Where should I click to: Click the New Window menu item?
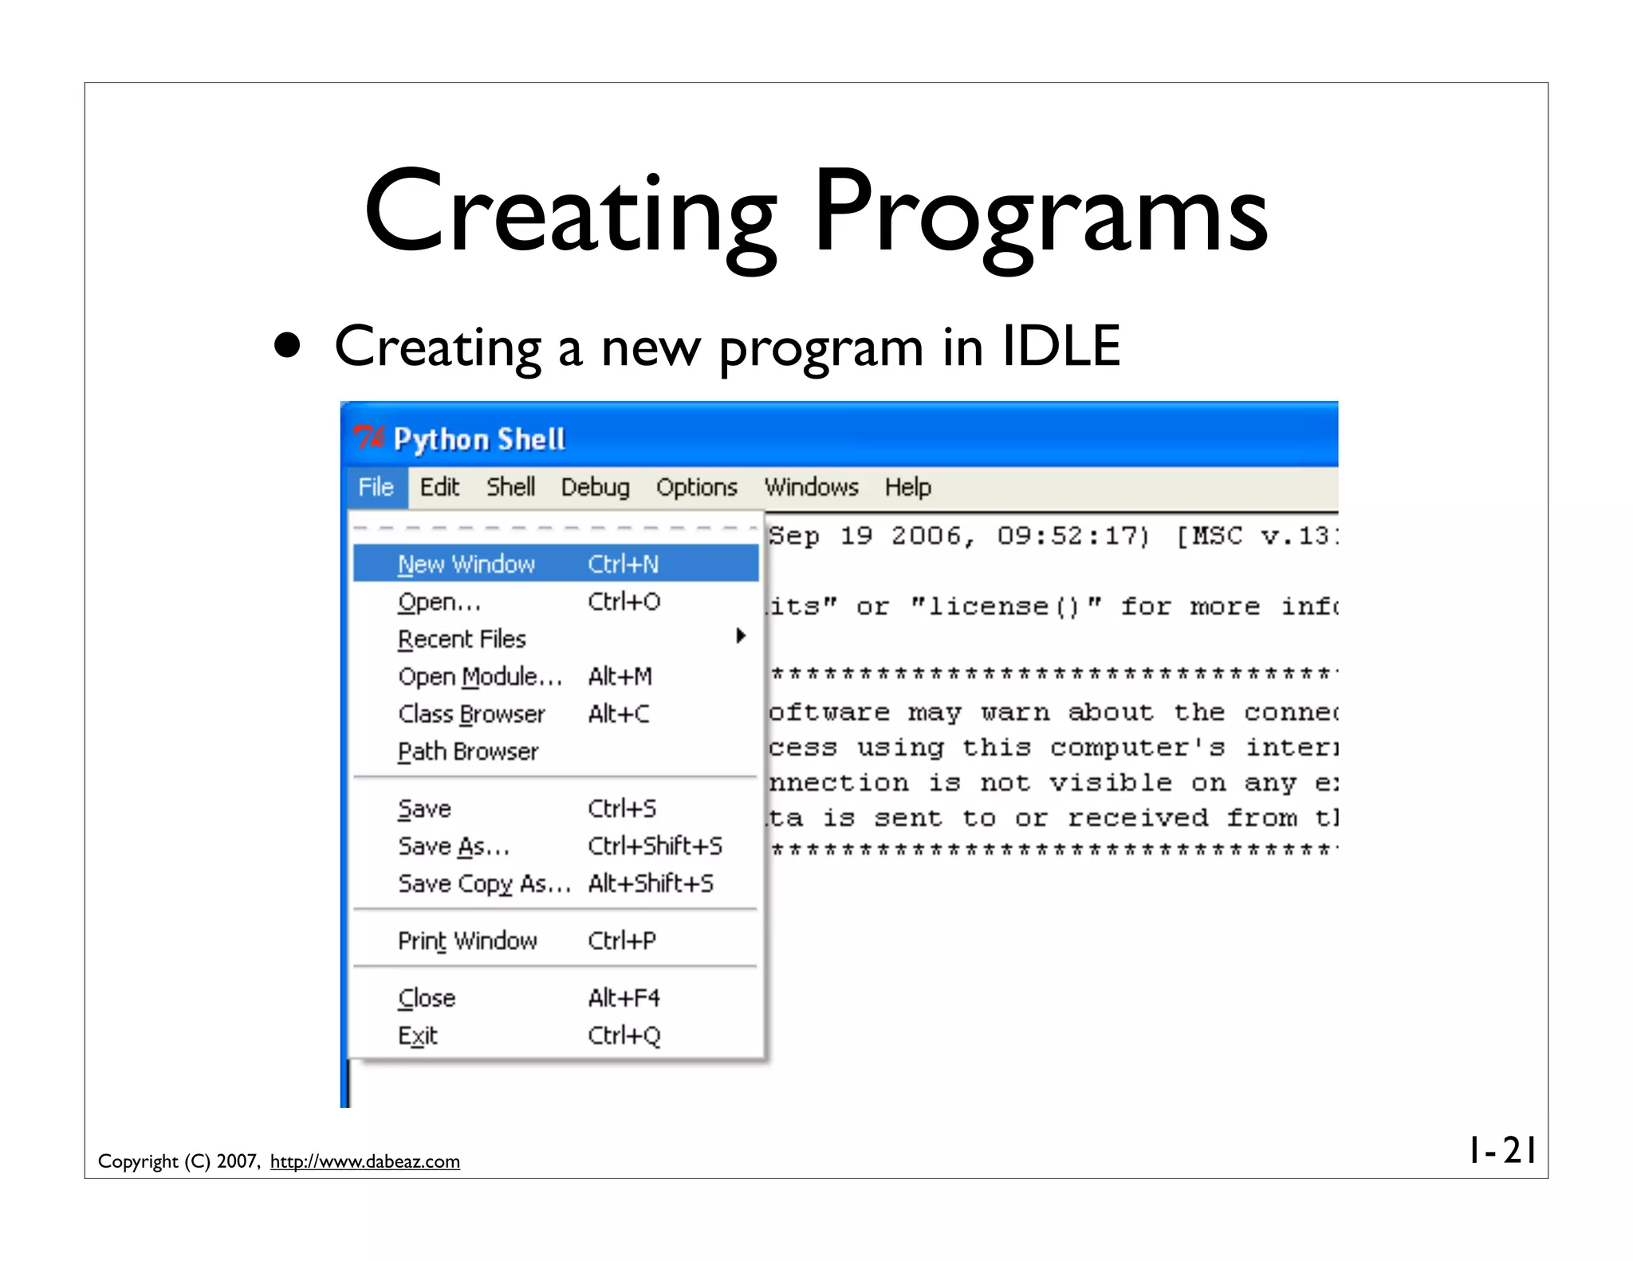[466, 564]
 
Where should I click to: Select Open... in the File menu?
[439, 602]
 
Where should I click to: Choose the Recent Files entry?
[462, 639]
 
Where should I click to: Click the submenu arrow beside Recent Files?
[741, 636]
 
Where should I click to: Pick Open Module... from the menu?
[479, 677]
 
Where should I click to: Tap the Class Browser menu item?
[471, 714]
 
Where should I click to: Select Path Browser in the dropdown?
[468, 752]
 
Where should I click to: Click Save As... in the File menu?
[453, 847]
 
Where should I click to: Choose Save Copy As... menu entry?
[484, 884]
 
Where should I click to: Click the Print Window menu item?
[467, 941]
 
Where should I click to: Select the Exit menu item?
[418, 1035]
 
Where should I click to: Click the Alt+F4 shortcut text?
[624, 998]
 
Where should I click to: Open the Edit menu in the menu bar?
[439, 487]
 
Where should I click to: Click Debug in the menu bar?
[595, 487]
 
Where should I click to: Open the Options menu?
[696, 487]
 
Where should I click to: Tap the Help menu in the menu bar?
[907, 487]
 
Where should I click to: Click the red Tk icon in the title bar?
[368, 438]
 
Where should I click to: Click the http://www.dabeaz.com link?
[364, 1161]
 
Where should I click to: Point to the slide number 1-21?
[1502, 1150]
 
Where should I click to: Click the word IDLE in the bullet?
[1060, 346]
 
